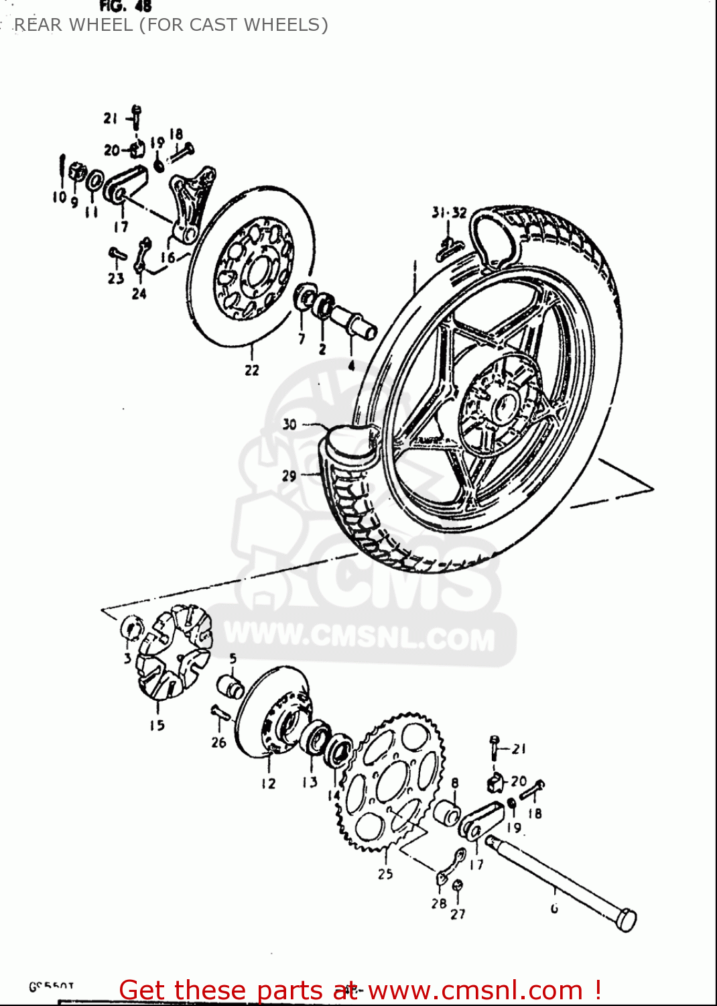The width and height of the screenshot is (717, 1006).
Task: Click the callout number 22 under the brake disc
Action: pyautogui.click(x=251, y=370)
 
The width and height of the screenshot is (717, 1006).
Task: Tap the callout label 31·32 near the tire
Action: pyautogui.click(x=449, y=213)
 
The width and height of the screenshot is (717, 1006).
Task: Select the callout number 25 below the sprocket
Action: pyautogui.click(x=385, y=873)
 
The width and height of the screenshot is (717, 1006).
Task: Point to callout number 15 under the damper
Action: pyautogui.click(x=157, y=725)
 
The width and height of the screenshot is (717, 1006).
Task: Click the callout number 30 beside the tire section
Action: pyautogui.click(x=289, y=424)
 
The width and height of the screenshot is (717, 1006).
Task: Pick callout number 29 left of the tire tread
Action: pyautogui.click(x=289, y=476)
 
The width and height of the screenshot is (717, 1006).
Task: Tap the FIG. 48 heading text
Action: pyautogui.click(x=125, y=7)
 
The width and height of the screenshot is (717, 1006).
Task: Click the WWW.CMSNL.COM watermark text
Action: pyautogui.click(x=359, y=636)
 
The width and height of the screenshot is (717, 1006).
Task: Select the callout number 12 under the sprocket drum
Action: pyautogui.click(x=268, y=783)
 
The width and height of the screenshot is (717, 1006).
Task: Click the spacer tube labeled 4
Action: pyautogui.click(x=355, y=322)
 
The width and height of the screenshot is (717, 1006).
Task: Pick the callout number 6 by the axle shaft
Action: pyautogui.click(x=554, y=909)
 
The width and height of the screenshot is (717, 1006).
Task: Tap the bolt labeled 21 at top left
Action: pyautogui.click(x=137, y=117)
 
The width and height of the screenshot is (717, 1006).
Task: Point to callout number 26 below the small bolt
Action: pyautogui.click(x=218, y=742)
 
